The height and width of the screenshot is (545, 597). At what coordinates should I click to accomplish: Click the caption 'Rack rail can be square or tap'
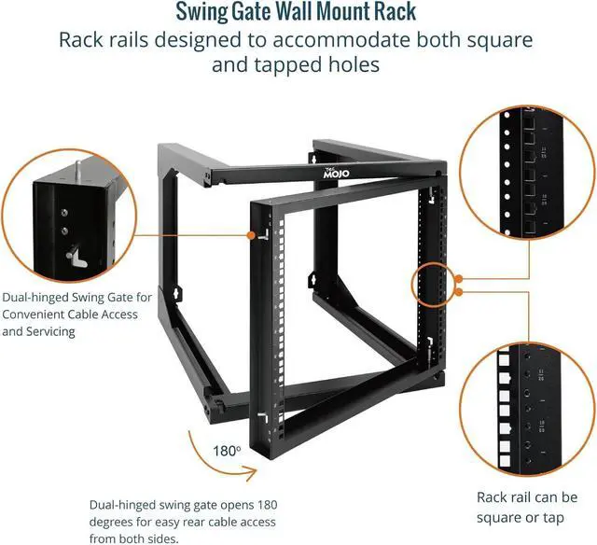[527, 507]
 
